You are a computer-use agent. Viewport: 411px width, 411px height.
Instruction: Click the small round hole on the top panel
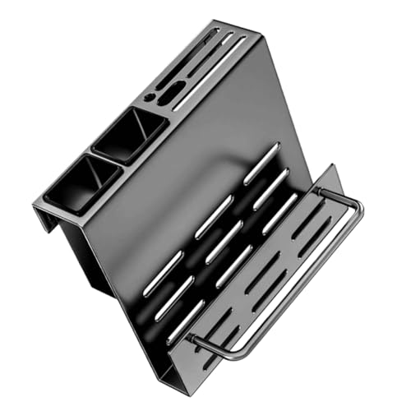(149, 97)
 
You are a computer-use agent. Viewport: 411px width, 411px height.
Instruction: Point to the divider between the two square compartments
(104, 161)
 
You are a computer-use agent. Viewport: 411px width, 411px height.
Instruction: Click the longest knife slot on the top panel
(210, 72)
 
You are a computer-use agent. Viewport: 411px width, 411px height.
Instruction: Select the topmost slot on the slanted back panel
(261, 163)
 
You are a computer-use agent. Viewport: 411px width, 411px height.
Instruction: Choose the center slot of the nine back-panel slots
(224, 242)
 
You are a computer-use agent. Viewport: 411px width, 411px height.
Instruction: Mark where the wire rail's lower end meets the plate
(191, 337)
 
